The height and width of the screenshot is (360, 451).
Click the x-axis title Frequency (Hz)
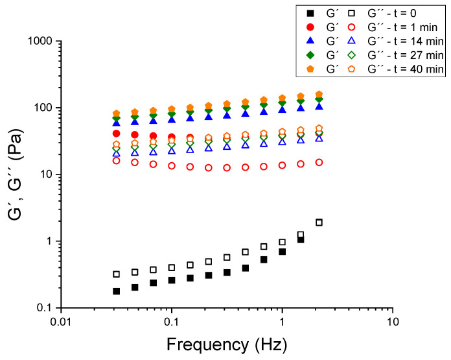coord(225,342)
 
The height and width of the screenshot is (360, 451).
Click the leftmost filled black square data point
coord(117,291)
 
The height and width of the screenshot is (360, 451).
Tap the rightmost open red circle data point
coord(319,162)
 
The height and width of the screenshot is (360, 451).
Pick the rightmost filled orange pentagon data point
coord(319,95)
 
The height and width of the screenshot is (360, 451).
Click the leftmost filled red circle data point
coord(117,134)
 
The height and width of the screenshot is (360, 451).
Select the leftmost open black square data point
coord(117,274)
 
